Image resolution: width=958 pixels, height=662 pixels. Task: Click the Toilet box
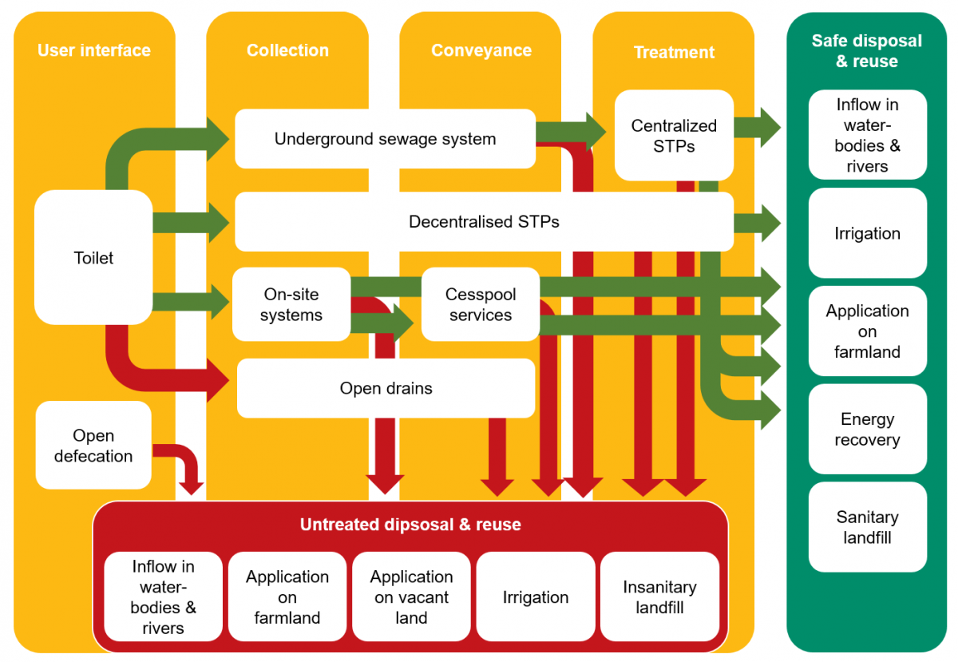[x=93, y=257]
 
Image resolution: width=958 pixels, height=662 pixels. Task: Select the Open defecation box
[x=93, y=446]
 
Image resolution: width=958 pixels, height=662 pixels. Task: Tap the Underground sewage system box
[x=385, y=139]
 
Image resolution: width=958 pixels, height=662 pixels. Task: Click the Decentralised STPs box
[x=484, y=221]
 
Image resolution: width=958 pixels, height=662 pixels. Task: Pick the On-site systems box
[x=291, y=304]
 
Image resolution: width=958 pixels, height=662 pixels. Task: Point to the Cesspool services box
[x=481, y=304]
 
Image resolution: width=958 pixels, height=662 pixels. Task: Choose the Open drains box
[x=386, y=388]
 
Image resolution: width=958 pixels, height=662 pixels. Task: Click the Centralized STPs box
[x=674, y=135]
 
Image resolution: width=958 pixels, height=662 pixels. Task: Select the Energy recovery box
[x=867, y=430]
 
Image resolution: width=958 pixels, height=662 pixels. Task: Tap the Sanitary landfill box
[x=867, y=527]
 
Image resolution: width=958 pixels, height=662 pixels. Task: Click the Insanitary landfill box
[x=659, y=597]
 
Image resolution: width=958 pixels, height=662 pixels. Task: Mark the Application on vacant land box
[x=411, y=597]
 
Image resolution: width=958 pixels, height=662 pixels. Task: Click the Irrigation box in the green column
[x=867, y=233]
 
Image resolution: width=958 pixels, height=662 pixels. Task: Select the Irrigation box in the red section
[x=536, y=597]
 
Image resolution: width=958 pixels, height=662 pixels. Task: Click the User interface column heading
[x=94, y=50]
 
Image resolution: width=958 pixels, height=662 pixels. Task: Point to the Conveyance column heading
[x=481, y=50]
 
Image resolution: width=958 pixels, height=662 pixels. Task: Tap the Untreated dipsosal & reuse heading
[x=410, y=525]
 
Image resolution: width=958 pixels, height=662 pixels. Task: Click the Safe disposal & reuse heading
[x=867, y=50]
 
